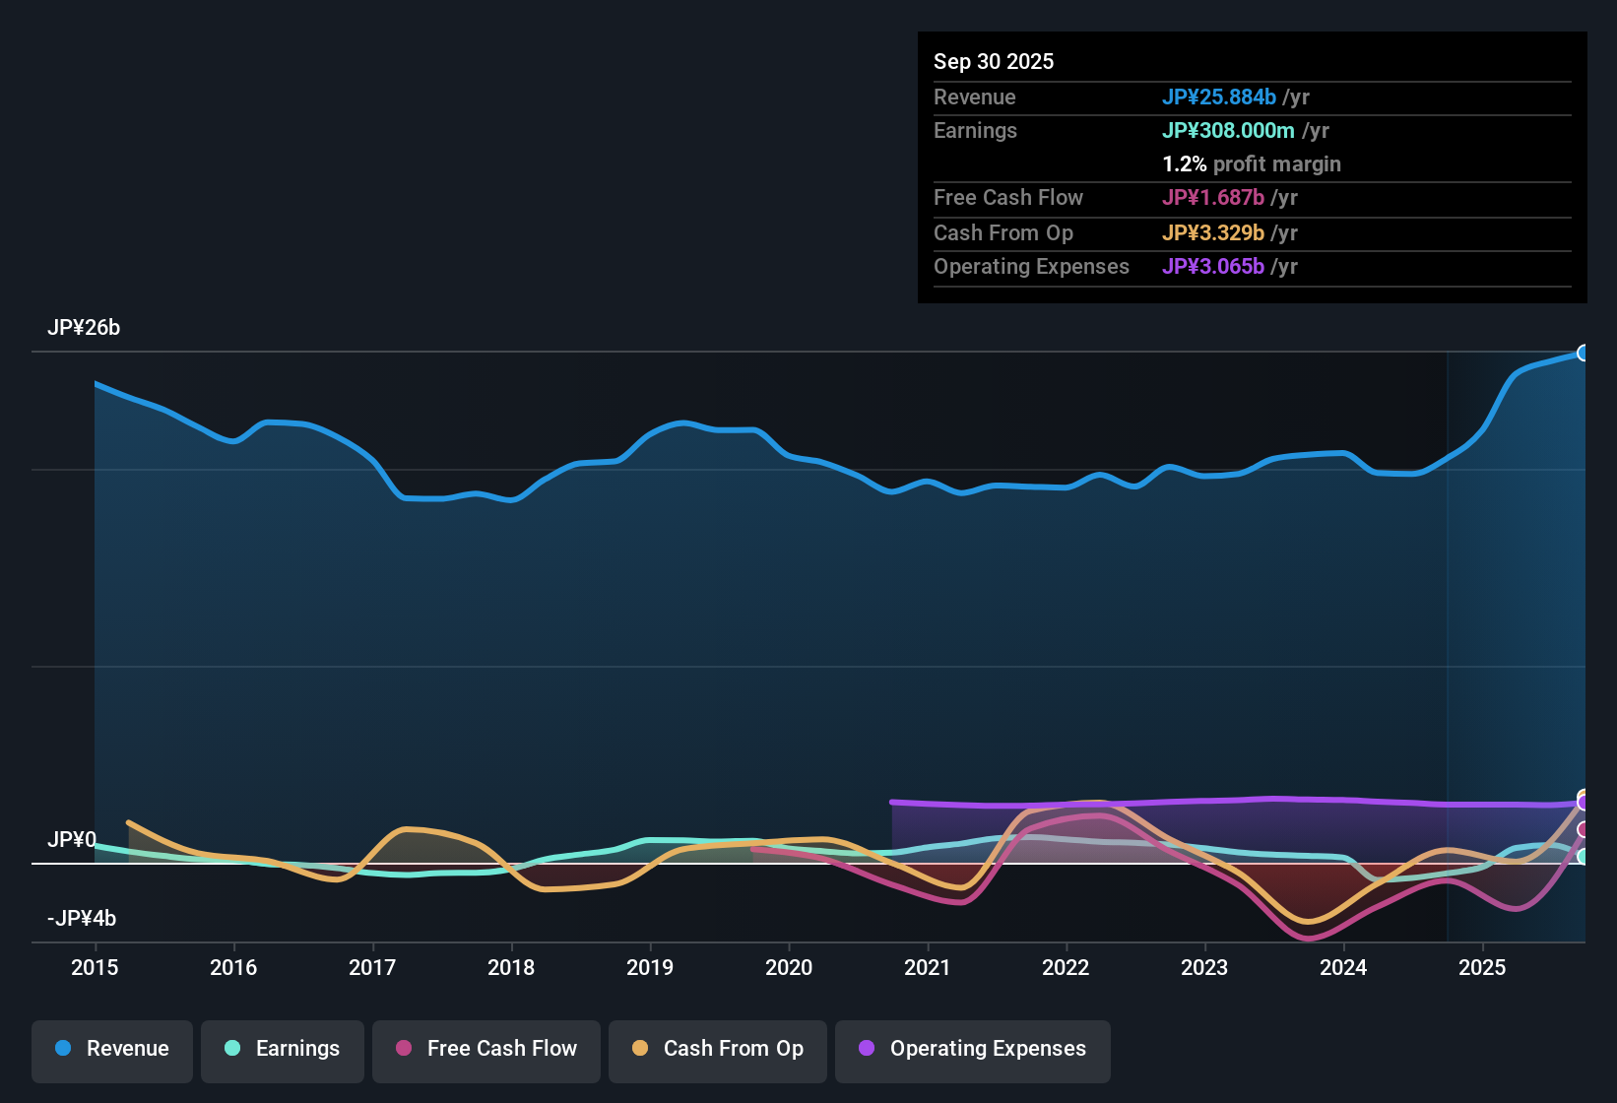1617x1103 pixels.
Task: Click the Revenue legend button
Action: (112, 1049)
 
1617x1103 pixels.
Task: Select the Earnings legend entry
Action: (283, 1049)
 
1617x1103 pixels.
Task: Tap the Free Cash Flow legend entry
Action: (486, 1049)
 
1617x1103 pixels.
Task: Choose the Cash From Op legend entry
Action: (718, 1049)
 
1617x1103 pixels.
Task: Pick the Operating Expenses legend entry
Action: (973, 1049)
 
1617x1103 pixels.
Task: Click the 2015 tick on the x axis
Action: (95, 967)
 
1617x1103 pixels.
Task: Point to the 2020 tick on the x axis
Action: (789, 967)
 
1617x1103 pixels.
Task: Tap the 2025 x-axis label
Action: (1482, 967)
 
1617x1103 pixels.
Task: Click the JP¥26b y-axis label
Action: (84, 328)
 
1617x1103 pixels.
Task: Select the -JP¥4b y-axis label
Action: (82, 919)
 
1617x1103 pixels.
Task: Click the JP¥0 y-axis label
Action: (72, 840)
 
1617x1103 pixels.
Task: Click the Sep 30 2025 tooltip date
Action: (994, 62)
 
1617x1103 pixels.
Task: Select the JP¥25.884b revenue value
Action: (1219, 97)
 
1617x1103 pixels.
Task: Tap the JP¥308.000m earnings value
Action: (1228, 131)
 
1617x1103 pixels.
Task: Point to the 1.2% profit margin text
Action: (1252, 164)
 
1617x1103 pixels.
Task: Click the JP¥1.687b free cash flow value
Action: (1213, 198)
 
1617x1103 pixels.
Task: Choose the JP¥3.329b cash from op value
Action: (1213, 233)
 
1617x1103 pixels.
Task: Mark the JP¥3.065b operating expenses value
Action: (1213, 267)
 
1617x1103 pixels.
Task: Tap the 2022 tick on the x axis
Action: (1066, 967)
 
